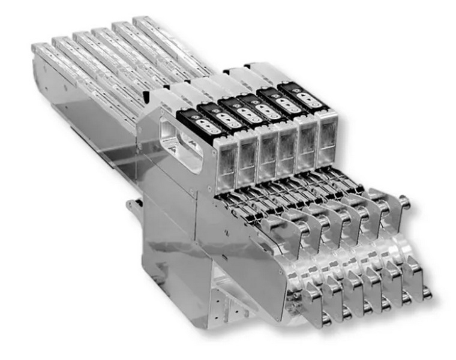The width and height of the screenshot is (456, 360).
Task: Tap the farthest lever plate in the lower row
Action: click(x=414, y=273)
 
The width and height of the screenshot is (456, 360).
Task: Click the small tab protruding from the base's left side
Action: click(x=130, y=206)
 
